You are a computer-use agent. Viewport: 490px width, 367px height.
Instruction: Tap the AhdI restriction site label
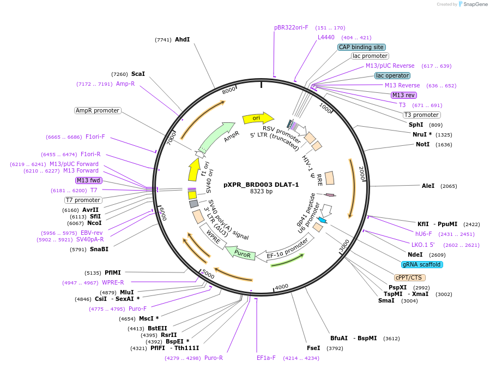(x=182, y=40)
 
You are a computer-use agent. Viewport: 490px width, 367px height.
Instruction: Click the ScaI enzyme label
(x=138, y=74)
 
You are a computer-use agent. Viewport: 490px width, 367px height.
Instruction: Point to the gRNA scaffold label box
(x=422, y=264)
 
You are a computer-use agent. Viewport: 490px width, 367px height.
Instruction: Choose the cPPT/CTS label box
(x=410, y=277)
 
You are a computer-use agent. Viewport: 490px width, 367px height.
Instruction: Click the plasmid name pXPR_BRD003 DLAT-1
(x=261, y=185)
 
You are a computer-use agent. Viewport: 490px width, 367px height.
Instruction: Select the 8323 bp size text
(x=261, y=192)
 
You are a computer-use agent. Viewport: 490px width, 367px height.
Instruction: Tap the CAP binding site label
(x=361, y=48)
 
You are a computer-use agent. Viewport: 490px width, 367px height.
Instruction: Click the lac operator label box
(x=392, y=75)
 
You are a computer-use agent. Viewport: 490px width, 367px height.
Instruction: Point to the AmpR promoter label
(x=97, y=110)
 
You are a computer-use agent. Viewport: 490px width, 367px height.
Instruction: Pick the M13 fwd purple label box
(x=88, y=180)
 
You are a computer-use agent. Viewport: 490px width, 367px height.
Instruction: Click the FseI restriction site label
(x=313, y=348)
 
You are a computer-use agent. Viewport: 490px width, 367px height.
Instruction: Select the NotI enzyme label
(x=422, y=145)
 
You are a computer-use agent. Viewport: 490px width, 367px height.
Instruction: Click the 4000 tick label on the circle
(x=281, y=287)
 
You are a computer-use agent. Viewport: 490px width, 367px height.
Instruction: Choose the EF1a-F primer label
(x=266, y=358)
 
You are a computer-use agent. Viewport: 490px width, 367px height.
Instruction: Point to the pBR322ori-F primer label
(x=291, y=27)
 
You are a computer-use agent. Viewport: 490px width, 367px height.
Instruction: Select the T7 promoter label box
(x=83, y=200)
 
